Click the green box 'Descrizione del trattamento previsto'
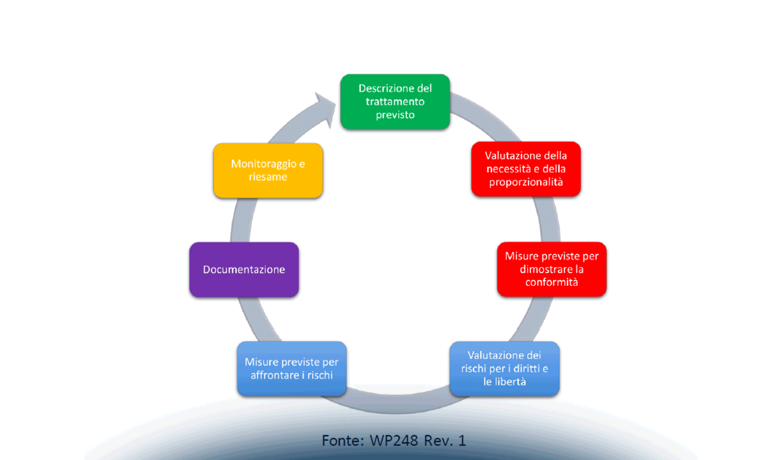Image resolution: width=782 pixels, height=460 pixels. coord(395,102)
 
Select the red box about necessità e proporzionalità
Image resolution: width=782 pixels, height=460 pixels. coord(526,169)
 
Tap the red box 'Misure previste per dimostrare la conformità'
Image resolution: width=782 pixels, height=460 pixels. coord(552,269)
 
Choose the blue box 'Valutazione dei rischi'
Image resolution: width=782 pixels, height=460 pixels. coord(504,368)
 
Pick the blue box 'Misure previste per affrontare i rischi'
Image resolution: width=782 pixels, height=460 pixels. coord(292,368)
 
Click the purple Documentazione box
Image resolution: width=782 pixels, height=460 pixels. coord(244,269)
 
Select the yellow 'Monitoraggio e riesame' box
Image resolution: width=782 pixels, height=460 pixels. coord(268,171)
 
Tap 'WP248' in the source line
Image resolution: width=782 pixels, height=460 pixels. coord(394,441)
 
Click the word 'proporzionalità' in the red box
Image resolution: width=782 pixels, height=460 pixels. coord(526,182)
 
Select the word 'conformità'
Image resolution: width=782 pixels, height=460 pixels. coord(552,283)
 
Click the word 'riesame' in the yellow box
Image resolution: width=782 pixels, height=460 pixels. coord(268,177)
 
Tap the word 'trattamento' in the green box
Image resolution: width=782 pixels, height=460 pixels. coord(395,102)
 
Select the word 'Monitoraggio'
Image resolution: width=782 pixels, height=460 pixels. coord(264,164)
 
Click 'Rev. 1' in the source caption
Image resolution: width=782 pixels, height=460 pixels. coord(445,441)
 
